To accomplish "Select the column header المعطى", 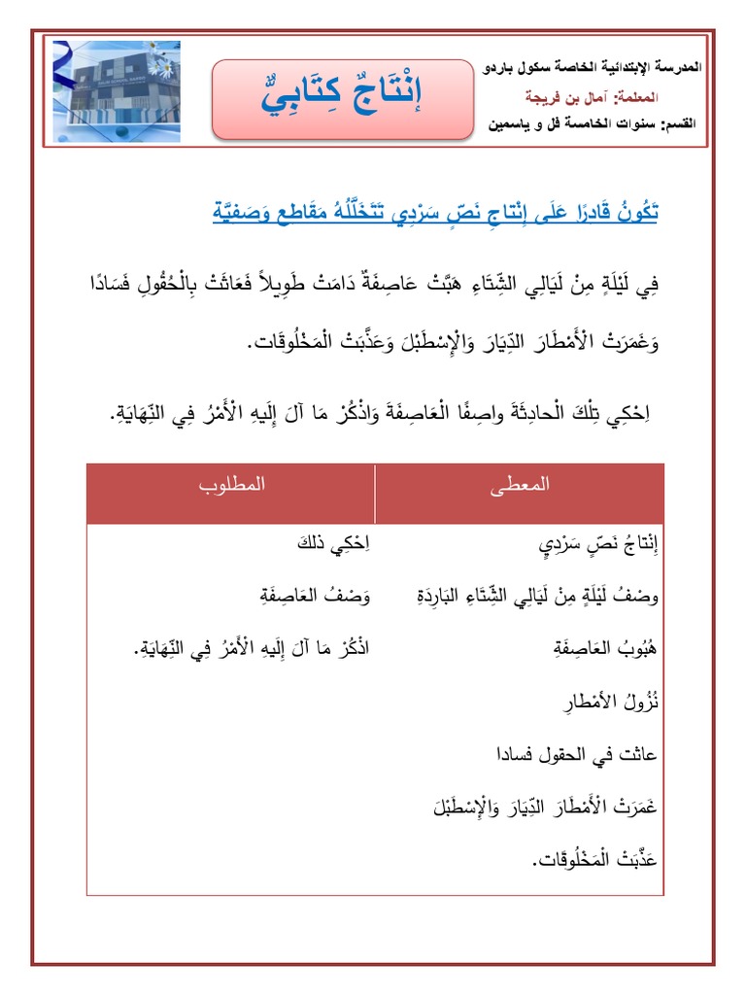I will pos(521,483).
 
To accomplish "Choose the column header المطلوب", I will pos(232,483).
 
